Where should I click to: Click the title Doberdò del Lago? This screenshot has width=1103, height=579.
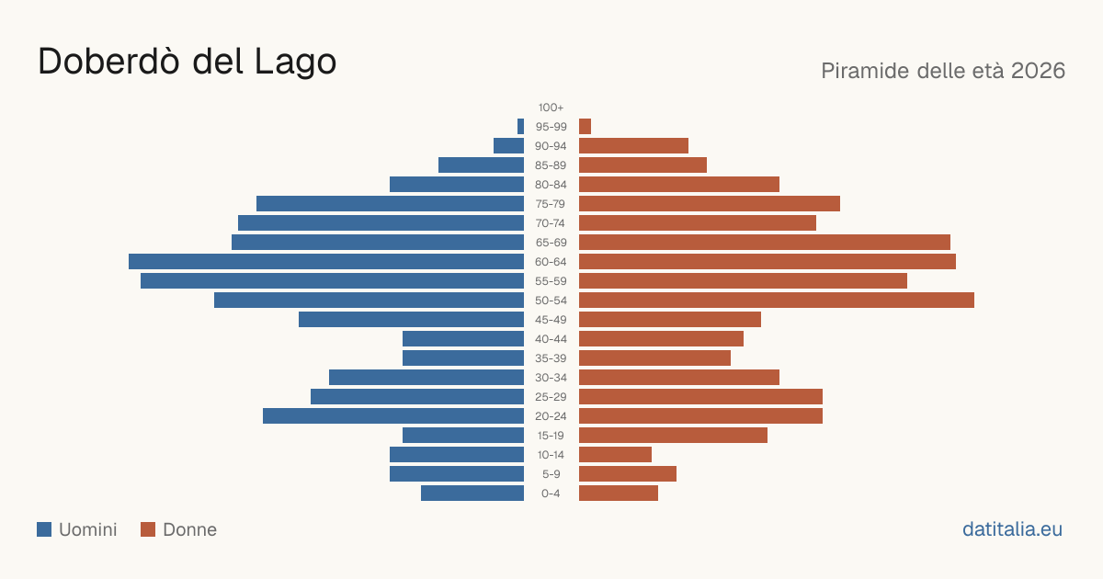point(188,62)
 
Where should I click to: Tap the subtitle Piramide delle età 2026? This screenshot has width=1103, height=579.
point(943,71)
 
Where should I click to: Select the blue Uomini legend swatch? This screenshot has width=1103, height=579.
point(44,529)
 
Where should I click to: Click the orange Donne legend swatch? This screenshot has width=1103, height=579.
point(148,529)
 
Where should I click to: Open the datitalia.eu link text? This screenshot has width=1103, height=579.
point(1012,529)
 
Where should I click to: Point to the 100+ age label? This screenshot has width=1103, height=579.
point(551,108)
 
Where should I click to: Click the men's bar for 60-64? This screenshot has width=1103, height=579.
point(326,261)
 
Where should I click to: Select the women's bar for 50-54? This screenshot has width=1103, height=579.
point(777,301)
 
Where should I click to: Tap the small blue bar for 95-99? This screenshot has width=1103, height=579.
point(520,127)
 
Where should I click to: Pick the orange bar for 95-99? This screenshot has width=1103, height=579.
point(585,127)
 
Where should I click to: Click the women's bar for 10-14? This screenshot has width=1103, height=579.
point(615,454)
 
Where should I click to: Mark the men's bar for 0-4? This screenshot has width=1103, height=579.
point(472,494)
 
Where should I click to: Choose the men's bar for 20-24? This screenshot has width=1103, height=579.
point(393,416)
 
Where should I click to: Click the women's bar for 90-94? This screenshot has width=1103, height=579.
point(633,146)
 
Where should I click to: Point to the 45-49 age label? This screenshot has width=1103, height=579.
point(551,320)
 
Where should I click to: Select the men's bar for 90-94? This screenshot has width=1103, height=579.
point(508,146)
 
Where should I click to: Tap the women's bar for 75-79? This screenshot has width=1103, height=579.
point(710,204)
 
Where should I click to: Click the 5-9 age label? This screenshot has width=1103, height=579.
point(551,474)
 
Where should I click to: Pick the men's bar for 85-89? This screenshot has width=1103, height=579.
point(481,165)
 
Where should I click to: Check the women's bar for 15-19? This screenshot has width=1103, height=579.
point(673,436)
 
